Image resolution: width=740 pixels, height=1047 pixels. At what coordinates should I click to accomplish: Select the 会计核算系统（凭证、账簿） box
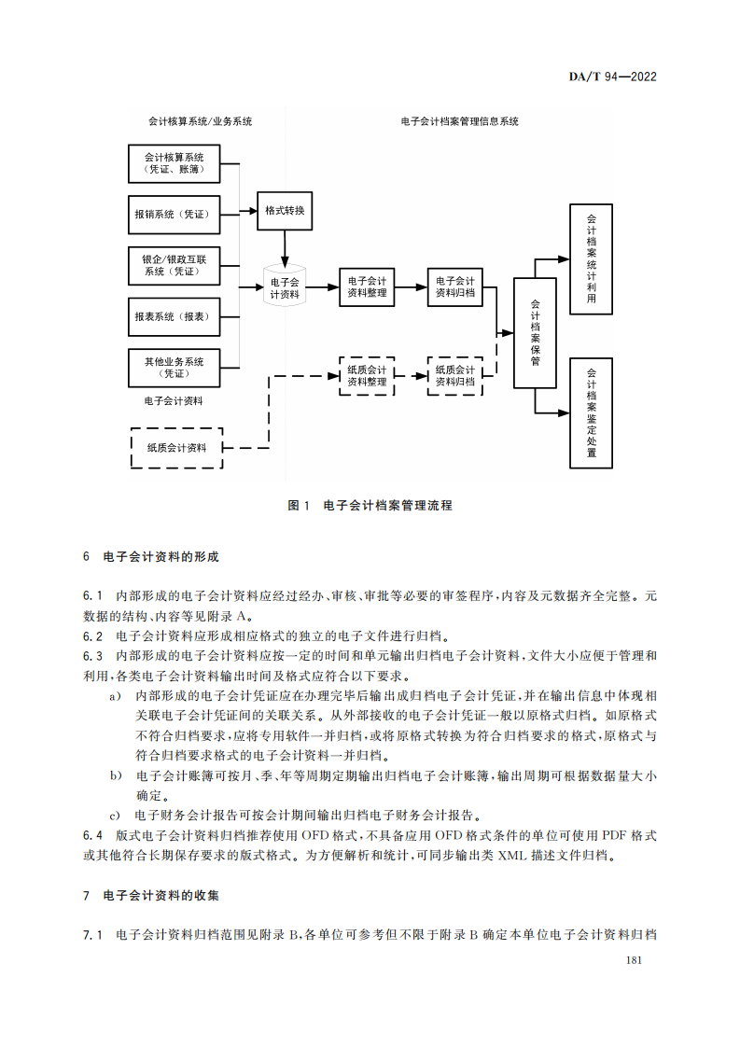click(174, 163)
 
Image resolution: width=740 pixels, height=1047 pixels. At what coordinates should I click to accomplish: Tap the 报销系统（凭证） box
click(174, 215)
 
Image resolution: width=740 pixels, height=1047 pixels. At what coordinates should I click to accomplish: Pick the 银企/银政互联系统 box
click(174, 265)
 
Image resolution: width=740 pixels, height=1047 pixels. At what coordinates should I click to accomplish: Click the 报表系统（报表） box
click(174, 316)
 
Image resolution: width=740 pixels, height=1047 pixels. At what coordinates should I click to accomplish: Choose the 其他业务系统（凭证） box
click(174, 368)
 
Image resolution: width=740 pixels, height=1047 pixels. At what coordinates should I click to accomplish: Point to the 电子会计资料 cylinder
click(284, 287)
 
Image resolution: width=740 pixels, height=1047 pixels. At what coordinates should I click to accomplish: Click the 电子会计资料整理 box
click(367, 286)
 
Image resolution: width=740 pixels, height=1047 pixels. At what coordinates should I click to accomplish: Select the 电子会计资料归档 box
click(455, 286)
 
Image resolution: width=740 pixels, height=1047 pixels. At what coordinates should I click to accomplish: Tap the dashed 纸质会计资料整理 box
click(367, 375)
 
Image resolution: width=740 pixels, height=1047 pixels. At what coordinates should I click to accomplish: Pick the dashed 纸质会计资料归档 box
click(455, 375)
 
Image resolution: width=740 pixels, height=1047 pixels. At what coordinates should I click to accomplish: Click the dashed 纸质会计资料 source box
click(176, 448)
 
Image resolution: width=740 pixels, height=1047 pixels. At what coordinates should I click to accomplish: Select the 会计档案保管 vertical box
click(535, 332)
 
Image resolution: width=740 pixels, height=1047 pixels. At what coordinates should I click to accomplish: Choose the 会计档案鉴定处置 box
click(591, 412)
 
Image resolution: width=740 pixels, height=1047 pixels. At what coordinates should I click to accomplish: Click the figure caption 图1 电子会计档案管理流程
click(370, 505)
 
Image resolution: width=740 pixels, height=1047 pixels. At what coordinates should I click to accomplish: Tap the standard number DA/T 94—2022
click(612, 77)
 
